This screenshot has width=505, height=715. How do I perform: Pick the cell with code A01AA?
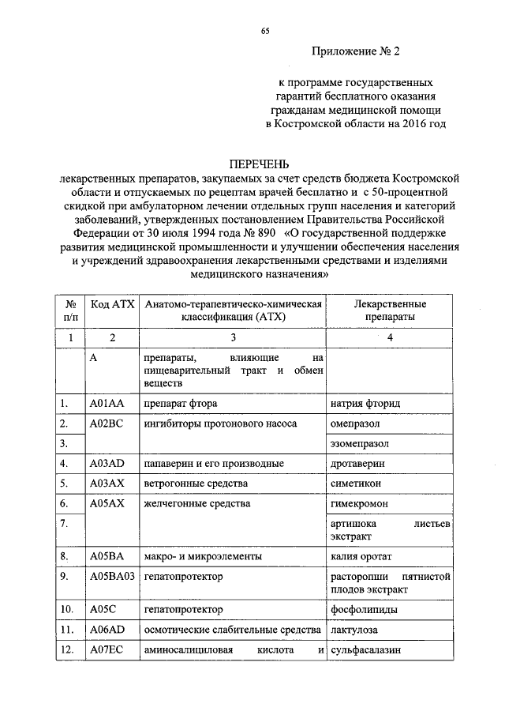tap(107, 404)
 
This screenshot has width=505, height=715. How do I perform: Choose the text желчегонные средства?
tap(196, 502)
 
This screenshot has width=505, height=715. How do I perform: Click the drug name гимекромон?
tap(358, 502)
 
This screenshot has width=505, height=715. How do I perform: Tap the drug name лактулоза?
tap(354, 630)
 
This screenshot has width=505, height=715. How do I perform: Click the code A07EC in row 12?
tap(107, 649)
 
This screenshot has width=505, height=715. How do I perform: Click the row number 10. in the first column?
tap(68, 610)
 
